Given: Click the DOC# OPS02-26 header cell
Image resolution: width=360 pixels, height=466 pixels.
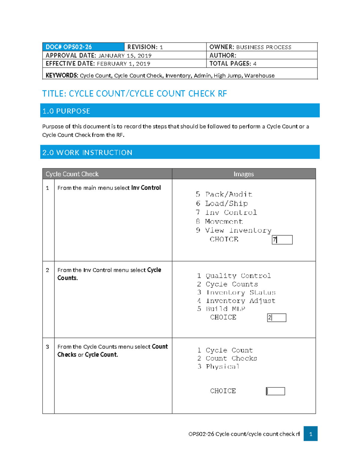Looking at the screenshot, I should coord(83,47).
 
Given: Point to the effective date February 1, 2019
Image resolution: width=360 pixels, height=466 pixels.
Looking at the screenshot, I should coord(123,64).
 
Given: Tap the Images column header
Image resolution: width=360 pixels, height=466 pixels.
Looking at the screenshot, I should coord(244,174).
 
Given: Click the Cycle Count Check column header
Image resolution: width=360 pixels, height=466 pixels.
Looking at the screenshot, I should coord(72,174).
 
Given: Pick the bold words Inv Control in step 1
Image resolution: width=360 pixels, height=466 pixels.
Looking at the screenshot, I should coord(146,188).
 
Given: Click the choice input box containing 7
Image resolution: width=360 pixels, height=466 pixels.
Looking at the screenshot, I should coord(282,240).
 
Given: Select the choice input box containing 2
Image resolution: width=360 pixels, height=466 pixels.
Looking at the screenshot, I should coord(277,317).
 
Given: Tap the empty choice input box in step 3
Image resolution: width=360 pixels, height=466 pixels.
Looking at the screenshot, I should coord(275,391).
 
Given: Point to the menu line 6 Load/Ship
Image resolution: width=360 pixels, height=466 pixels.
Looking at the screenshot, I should coord(222,203).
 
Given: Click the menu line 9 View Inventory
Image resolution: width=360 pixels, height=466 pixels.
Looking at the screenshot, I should coord(234,230).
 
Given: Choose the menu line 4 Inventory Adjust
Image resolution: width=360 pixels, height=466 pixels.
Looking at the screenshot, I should coord(236,301).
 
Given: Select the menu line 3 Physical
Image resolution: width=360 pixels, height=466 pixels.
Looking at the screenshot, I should coord(218,367).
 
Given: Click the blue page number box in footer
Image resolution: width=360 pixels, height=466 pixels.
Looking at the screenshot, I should coord(310,434).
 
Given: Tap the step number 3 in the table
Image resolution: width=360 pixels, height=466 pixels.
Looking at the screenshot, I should coord(47,347).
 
